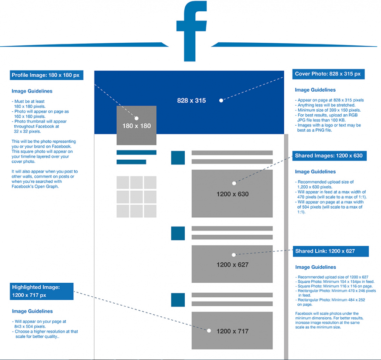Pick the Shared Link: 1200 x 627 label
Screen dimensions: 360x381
click(330, 251)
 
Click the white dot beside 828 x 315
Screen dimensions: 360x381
click(221, 100)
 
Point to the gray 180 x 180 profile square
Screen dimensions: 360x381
click(136, 126)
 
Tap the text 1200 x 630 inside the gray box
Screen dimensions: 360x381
click(232, 194)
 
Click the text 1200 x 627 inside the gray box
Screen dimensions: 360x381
click(232, 264)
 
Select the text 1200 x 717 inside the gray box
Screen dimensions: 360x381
click(232, 331)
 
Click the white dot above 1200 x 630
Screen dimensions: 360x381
click(234, 183)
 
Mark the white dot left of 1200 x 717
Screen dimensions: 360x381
click(209, 331)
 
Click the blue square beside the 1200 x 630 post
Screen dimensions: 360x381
click(178, 158)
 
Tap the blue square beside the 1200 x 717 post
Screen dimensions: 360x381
click(178, 300)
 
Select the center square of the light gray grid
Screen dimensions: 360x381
click(136, 196)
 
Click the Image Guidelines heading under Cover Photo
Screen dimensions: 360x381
click(315, 90)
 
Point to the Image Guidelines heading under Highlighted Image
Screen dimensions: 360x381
click(32, 311)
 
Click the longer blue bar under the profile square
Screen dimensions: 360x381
click(136, 153)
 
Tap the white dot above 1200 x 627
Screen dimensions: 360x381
click(234, 254)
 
